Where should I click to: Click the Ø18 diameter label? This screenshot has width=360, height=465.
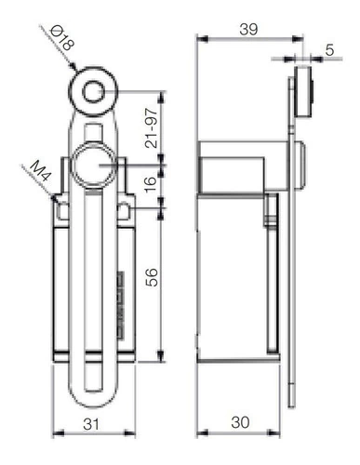[62, 38]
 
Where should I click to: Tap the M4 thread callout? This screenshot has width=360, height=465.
[40, 170]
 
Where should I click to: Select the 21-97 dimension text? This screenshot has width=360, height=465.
[152, 127]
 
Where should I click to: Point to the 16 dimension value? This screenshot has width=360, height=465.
[151, 184]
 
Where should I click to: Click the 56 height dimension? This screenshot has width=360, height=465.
[152, 277]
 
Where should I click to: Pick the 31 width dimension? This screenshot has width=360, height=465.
[91, 424]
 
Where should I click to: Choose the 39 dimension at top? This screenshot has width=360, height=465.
[248, 30]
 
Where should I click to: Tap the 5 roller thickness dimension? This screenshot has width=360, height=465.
[329, 49]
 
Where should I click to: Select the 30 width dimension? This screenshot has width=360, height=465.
[240, 422]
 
